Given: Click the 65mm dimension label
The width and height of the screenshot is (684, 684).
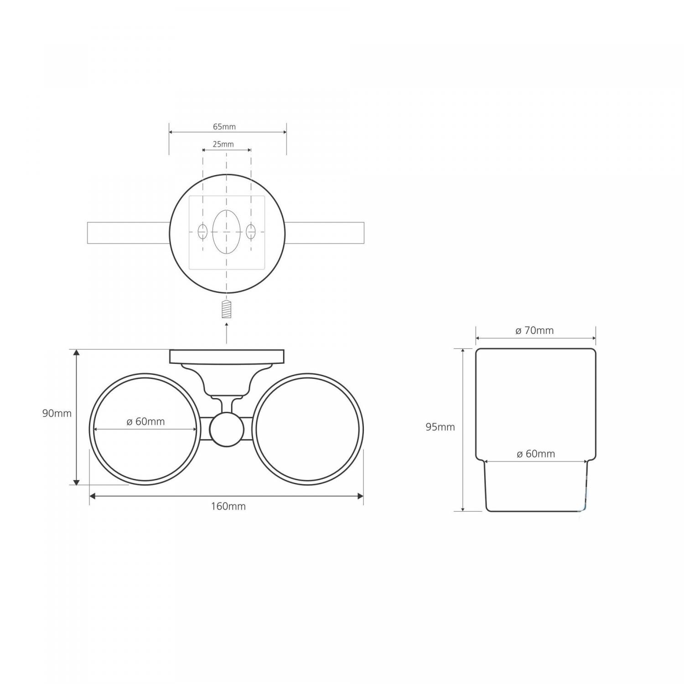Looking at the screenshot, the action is coord(224,127).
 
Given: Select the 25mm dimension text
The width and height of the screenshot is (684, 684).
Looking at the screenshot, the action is coord(223,144).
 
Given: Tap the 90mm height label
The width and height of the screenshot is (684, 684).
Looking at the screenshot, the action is coord(57,414).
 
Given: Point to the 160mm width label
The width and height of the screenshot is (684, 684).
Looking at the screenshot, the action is coord(228,506).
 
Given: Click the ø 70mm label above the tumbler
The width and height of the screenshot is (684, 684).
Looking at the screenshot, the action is coord(534,331).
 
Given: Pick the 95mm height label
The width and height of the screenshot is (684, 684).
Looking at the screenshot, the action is coord(440,427).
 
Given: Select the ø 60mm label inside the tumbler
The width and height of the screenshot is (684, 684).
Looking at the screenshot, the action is coord(536,454).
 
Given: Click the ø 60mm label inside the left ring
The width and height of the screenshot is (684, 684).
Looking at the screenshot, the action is coord(145,422).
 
